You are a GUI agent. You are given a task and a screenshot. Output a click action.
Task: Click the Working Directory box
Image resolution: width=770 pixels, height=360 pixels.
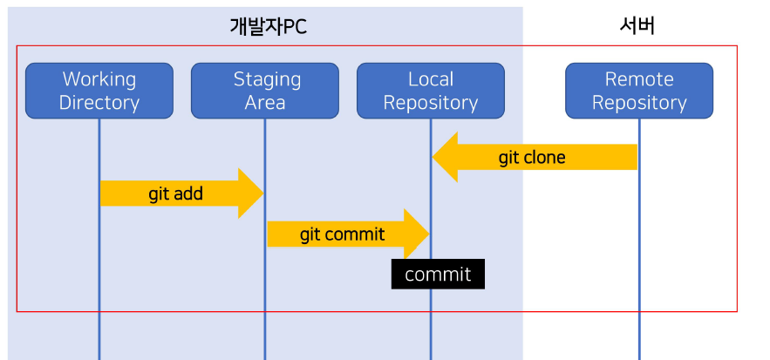[x=99, y=91]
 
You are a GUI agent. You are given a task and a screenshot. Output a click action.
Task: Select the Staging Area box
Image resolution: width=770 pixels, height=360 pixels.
[x=265, y=91]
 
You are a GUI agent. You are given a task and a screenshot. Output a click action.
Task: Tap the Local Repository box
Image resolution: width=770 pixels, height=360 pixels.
[x=430, y=91]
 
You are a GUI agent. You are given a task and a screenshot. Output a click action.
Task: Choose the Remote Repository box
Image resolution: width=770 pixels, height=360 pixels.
[x=639, y=91]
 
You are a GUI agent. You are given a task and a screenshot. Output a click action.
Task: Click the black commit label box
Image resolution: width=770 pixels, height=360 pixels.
[x=438, y=275]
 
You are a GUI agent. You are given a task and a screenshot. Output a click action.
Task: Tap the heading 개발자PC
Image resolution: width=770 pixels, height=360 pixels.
[x=268, y=27]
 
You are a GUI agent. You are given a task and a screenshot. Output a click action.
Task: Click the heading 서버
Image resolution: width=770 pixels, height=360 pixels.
[x=637, y=26]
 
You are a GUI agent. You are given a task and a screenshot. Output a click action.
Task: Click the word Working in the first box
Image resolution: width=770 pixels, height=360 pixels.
[x=99, y=79]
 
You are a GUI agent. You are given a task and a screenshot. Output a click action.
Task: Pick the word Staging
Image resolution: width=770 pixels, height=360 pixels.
[x=267, y=79]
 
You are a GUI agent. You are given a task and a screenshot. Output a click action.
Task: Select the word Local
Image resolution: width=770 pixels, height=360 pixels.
[x=431, y=79]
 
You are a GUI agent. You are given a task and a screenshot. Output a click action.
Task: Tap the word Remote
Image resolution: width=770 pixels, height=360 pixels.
[x=639, y=79]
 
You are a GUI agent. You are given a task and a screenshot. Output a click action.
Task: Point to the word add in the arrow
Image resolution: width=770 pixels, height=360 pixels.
[x=187, y=194]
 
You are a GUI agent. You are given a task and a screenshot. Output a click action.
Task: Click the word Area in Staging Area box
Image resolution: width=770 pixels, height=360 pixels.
[x=265, y=103]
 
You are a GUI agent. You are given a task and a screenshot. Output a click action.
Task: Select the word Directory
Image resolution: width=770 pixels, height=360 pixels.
[x=99, y=103]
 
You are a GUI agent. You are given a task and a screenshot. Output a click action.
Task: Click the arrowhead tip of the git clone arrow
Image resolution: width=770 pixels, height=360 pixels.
[x=434, y=158]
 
